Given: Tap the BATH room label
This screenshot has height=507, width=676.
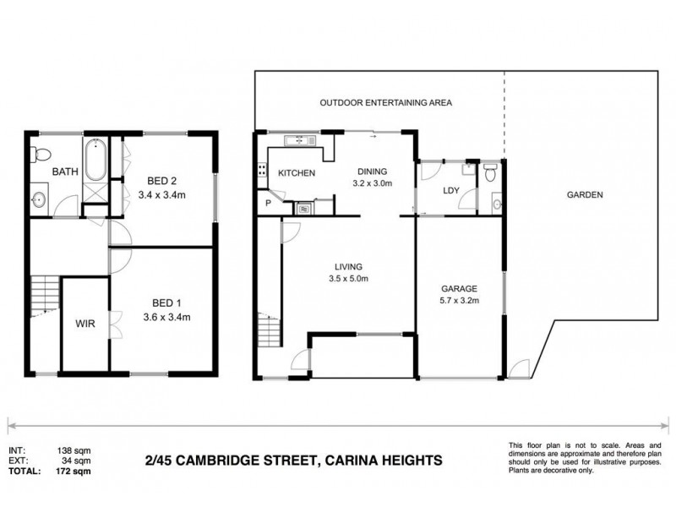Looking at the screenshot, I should [x=65, y=172].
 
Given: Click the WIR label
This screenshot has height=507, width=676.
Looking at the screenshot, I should [x=85, y=324].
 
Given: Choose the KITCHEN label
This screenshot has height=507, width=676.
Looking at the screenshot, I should [x=297, y=173].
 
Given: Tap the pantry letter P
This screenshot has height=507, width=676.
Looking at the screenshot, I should [x=268, y=204].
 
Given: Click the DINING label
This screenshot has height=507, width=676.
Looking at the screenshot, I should [x=371, y=169].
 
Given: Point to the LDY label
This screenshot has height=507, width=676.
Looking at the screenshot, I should [x=450, y=191].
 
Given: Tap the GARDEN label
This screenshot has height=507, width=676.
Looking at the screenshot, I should [x=583, y=194].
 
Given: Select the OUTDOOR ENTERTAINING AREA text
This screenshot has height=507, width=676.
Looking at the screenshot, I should [x=386, y=102].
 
